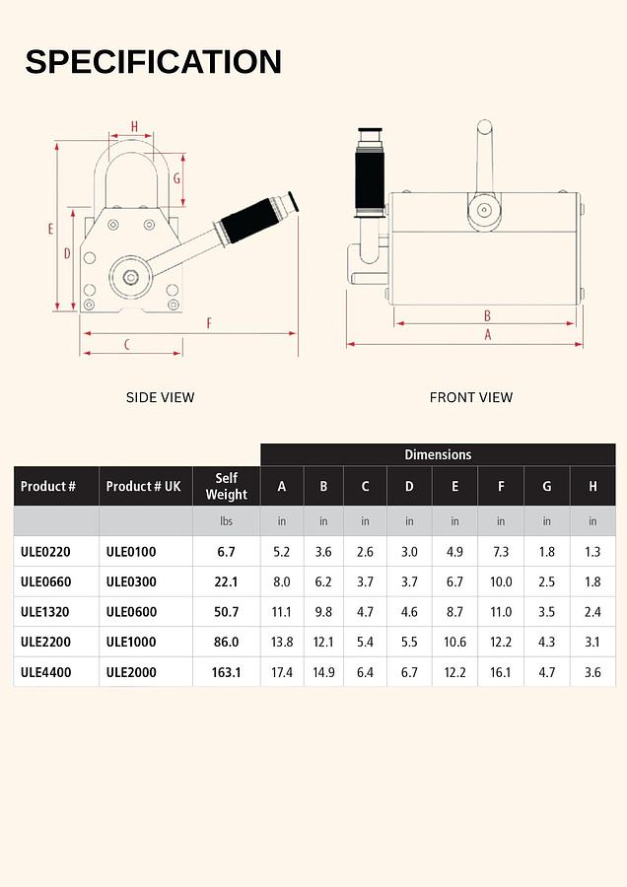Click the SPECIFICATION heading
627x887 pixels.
153,61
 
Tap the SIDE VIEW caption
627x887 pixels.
160,397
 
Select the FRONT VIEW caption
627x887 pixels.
471,397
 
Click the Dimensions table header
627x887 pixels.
438,454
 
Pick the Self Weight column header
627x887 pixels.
227,486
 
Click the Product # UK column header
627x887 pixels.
144,486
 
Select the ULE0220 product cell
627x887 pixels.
45,552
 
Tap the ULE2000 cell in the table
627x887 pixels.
131,672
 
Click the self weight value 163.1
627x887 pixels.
227,672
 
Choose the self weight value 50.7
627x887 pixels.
227,612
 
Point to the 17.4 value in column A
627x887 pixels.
282,672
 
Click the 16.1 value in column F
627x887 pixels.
501,672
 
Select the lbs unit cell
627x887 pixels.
227,520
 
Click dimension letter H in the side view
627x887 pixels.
134,126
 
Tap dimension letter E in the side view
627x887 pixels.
49,229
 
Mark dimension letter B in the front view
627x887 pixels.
487,315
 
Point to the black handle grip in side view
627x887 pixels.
252,219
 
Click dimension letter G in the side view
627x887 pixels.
176,178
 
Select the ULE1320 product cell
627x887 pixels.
45,612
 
